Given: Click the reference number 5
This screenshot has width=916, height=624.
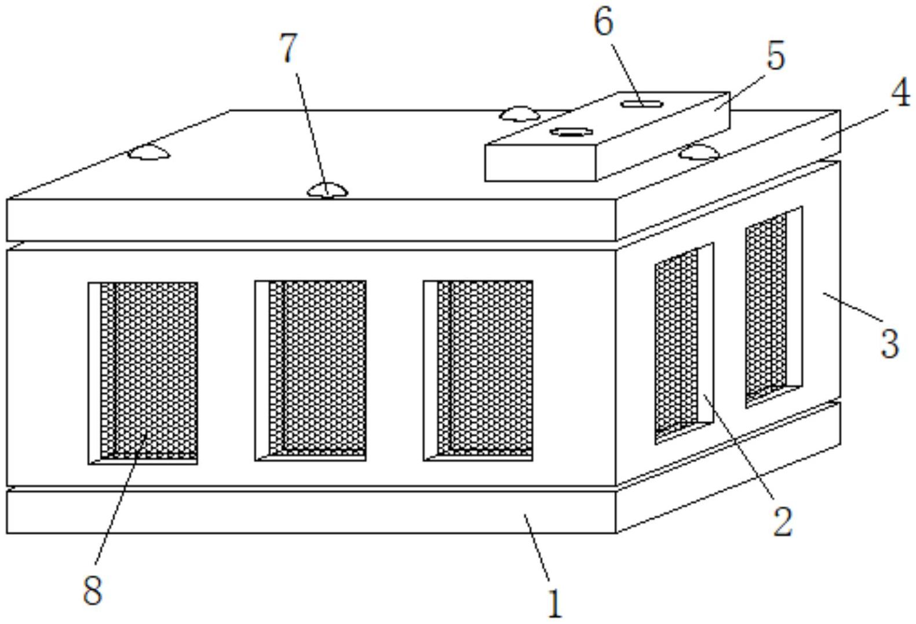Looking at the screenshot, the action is pos(776,56).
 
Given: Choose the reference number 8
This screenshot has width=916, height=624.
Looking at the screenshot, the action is pos(93,590).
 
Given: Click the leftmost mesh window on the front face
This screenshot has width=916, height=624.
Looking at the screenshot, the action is pos(143,373).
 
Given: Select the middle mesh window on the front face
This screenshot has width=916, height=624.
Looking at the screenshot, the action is pos(311,371).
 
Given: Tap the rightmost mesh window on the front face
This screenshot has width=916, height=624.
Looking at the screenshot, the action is pos(478,371).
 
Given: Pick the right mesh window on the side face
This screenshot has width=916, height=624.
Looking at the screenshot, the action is pos(773,307).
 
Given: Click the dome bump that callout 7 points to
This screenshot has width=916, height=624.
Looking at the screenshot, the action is pos(327,191).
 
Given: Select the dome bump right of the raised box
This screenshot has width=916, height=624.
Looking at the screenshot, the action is pos(699,152).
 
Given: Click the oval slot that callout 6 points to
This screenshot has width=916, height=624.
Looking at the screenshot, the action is pos(641,104).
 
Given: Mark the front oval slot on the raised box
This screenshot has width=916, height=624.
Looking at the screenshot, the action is pos(571,132).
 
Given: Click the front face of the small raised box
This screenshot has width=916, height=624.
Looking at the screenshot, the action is pos(540,162).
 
